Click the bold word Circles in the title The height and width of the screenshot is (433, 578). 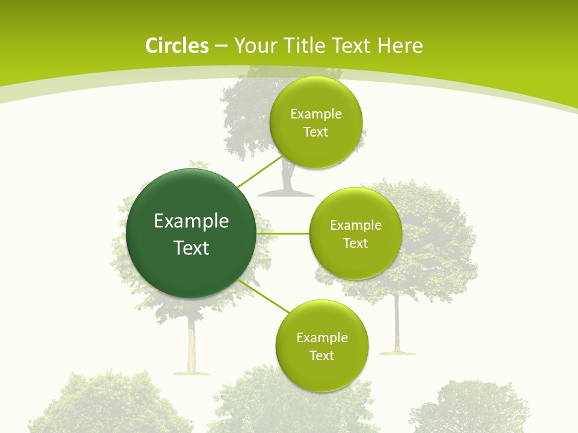tap(177, 46)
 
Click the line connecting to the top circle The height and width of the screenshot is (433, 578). tap(260, 171)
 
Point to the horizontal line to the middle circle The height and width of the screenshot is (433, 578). tap(283, 233)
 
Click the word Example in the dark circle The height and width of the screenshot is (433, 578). tap(191, 221)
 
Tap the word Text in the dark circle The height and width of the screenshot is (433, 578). tap(191, 248)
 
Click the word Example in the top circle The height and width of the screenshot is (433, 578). tap(316, 114)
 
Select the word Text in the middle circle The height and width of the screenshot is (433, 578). tap(355, 243)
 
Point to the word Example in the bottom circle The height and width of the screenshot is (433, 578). tap(322, 338)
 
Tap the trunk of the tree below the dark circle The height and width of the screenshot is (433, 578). tap(191, 343)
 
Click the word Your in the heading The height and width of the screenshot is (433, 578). tap(251, 46)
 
